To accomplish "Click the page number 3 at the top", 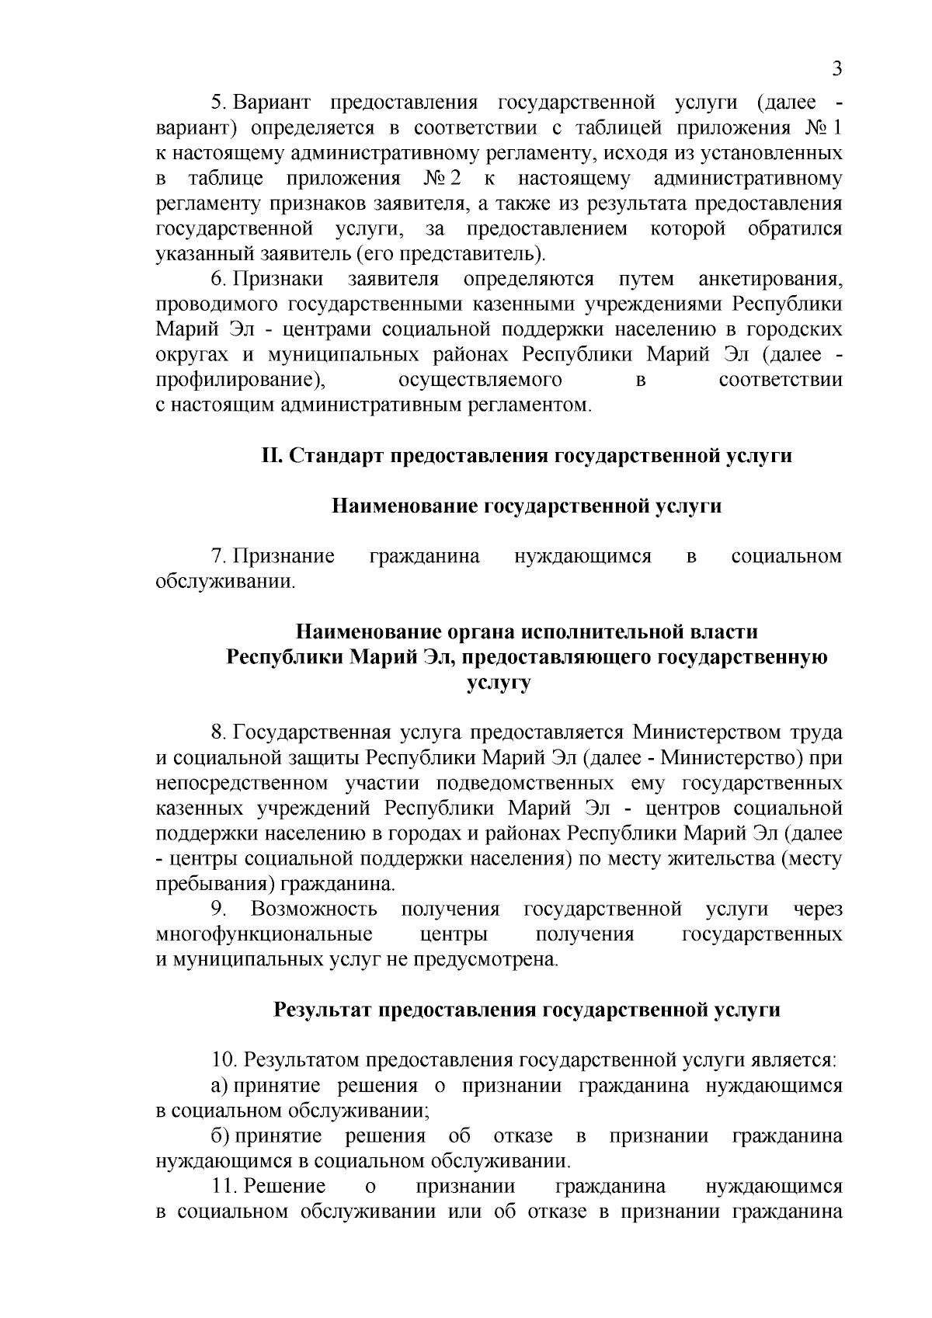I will tap(836, 69).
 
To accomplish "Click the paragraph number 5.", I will tap(218, 103).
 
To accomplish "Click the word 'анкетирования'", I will tap(770, 279).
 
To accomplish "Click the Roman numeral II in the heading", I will tap(271, 456).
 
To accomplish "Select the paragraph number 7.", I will tap(218, 557).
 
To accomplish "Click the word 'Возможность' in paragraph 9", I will tap(315, 909).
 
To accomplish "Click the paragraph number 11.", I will tap(224, 1187).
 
